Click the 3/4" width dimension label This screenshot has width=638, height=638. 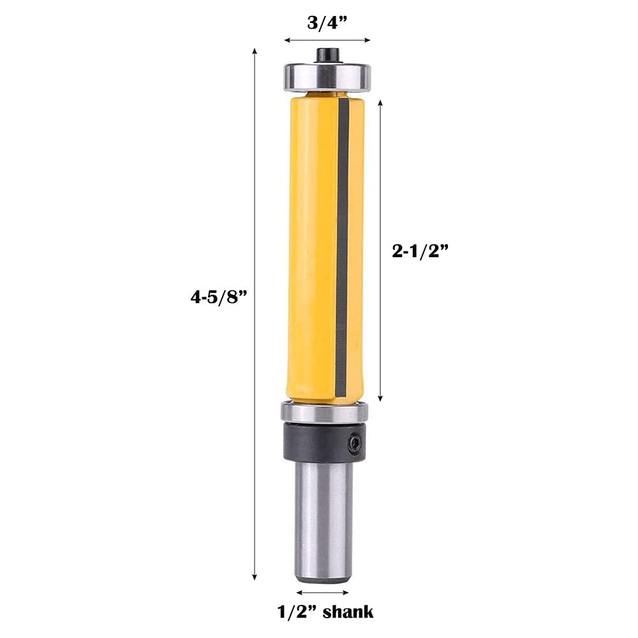(327, 23)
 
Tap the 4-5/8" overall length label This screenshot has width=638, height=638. (219, 297)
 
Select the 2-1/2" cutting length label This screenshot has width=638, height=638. (420, 251)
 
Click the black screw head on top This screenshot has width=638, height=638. (329, 56)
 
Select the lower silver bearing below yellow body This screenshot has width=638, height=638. (325, 412)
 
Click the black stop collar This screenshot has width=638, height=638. (325, 442)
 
